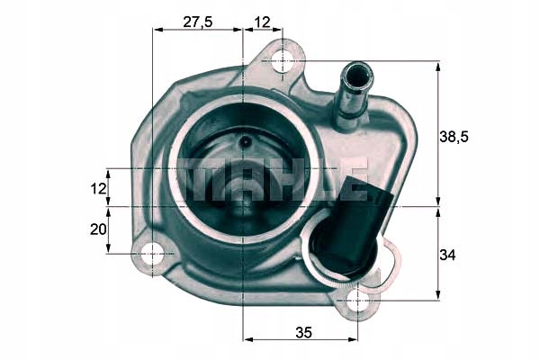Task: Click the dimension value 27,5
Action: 198,22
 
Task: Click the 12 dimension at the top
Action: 262,22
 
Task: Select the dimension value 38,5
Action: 454,137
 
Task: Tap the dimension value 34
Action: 447,255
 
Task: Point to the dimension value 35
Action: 303,332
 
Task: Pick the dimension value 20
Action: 98,229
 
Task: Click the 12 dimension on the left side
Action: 98,188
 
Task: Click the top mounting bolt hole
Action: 283,62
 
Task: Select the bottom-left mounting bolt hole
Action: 152,254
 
